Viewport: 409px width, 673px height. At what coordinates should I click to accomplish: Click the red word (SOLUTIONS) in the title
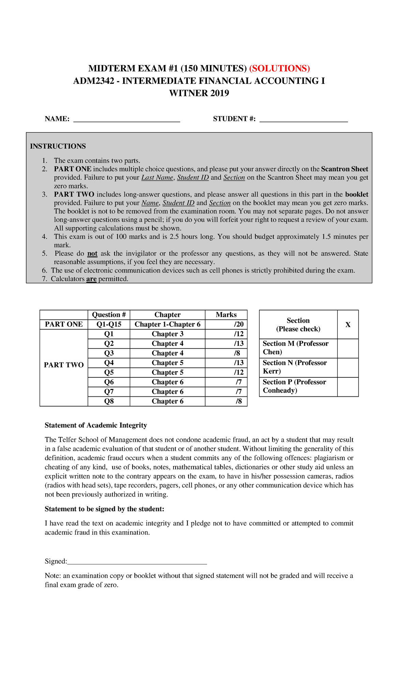[x=279, y=68]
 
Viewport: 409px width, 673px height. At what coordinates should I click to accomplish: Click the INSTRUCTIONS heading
[x=58, y=146]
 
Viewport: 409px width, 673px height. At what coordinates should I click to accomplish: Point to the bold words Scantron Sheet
[x=345, y=169]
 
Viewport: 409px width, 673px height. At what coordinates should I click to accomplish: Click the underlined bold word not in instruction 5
[x=92, y=253]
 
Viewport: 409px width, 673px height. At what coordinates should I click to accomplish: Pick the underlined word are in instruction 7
[x=91, y=279]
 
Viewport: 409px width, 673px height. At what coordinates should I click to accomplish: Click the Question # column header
[x=109, y=315]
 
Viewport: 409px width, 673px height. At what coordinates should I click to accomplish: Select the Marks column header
[x=226, y=315]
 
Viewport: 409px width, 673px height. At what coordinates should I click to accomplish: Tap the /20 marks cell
[x=226, y=324]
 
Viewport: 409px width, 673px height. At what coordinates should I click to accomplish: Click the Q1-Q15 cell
[x=109, y=324]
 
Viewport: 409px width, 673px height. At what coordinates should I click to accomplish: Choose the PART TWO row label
[x=64, y=365]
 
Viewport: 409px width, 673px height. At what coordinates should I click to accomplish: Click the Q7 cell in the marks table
[x=109, y=392]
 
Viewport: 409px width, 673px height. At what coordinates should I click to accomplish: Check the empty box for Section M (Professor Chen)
[x=348, y=348]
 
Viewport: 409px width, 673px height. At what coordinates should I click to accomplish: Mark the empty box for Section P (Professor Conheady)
[x=348, y=387]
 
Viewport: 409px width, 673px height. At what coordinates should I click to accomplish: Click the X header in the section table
[x=348, y=325]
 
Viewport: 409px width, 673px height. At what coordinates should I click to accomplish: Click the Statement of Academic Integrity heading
[x=96, y=425]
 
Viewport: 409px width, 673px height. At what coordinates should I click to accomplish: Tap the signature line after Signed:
[x=137, y=562]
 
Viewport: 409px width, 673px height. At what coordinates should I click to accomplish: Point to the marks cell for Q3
[x=226, y=353]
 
